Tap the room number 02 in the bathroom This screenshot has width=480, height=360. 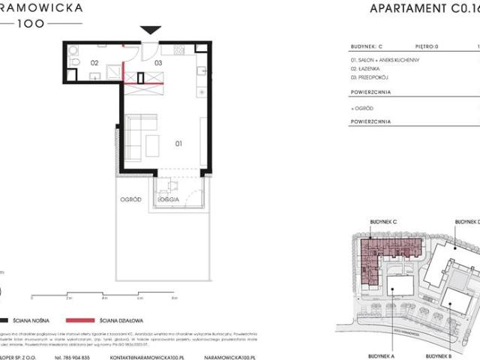95,63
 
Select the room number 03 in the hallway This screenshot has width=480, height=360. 158,64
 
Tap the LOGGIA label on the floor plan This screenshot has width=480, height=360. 167,200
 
